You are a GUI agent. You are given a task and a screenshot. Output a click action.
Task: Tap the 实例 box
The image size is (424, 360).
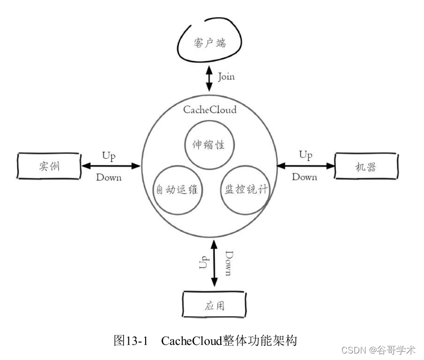point(48,166)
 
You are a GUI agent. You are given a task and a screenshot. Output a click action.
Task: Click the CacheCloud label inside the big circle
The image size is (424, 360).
point(210,109)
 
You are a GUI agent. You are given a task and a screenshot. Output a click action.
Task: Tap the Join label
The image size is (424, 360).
point(227,77)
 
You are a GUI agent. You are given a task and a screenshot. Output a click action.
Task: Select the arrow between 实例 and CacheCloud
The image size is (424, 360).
point(111,166)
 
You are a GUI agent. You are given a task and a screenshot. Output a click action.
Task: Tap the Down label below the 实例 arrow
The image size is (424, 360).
point(109,177)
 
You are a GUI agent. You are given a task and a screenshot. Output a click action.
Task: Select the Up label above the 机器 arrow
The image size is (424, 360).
point(305,155)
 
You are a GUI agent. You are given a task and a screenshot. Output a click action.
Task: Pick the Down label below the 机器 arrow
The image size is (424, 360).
point(304,177)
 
